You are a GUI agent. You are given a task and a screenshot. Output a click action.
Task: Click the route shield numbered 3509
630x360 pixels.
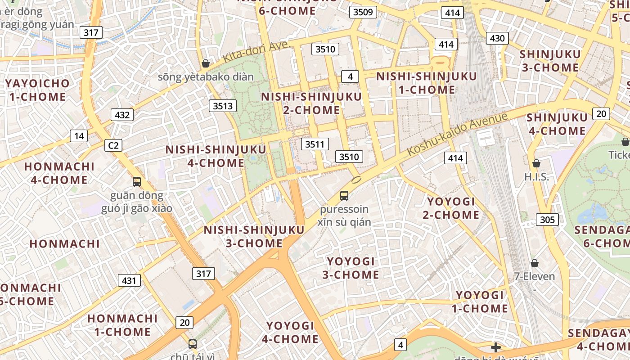coord(363,12)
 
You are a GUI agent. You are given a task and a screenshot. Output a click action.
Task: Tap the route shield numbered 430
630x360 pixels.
coord(497,38)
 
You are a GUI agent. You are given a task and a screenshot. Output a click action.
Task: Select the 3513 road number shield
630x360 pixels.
coord(223,106)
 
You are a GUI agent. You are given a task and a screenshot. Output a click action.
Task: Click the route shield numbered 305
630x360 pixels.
coord(547,220)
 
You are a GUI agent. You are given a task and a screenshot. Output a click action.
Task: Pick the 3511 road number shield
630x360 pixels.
coord(315,144)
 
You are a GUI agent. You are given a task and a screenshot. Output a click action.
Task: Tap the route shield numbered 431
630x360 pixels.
coord(129,280)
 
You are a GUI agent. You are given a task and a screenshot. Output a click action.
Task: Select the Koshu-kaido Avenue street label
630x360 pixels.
coord(457,134)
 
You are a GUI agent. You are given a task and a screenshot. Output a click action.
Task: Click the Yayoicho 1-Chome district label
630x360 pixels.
coord(37,90)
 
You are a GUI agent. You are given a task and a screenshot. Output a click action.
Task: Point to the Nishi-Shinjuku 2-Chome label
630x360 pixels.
coord(311,103)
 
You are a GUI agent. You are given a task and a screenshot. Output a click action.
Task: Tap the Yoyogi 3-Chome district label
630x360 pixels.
coord(351,268)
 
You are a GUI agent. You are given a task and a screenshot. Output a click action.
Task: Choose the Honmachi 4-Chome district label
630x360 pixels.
coord(59,173)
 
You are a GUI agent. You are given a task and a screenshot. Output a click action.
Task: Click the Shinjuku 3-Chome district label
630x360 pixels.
coord(549,61)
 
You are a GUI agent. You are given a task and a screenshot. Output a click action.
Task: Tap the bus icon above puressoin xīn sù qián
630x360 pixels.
coord(344,196)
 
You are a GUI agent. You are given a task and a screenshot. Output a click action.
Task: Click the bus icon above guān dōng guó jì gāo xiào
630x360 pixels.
coord(137,182)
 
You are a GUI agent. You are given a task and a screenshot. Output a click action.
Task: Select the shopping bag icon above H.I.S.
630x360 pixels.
coord(536,163)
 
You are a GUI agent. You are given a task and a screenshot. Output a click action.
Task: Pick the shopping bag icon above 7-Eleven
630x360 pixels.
coord(535,263)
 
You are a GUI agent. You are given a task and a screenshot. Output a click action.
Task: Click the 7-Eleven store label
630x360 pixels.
coord(535,276)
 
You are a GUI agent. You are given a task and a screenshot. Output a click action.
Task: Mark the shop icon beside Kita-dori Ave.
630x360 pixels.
coord(206,63)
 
